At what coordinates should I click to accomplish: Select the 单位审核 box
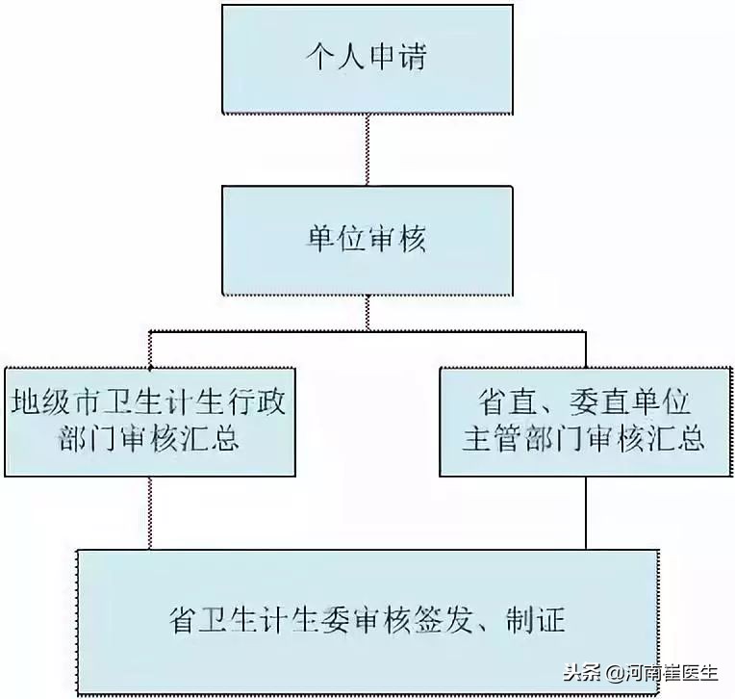(x=367, y=239)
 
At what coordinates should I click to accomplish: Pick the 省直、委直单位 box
(x=585, y=421)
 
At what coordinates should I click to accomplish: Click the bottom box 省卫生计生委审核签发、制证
(x=367, y=619)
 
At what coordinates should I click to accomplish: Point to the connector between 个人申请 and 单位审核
(x=367, y=148)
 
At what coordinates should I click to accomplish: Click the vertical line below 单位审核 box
(x=367, y=312)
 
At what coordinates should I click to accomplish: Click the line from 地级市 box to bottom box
(x=149, y=511)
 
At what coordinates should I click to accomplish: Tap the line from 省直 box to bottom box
(x=585, y=511)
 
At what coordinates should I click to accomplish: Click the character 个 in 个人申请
(x=319, y=58)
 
